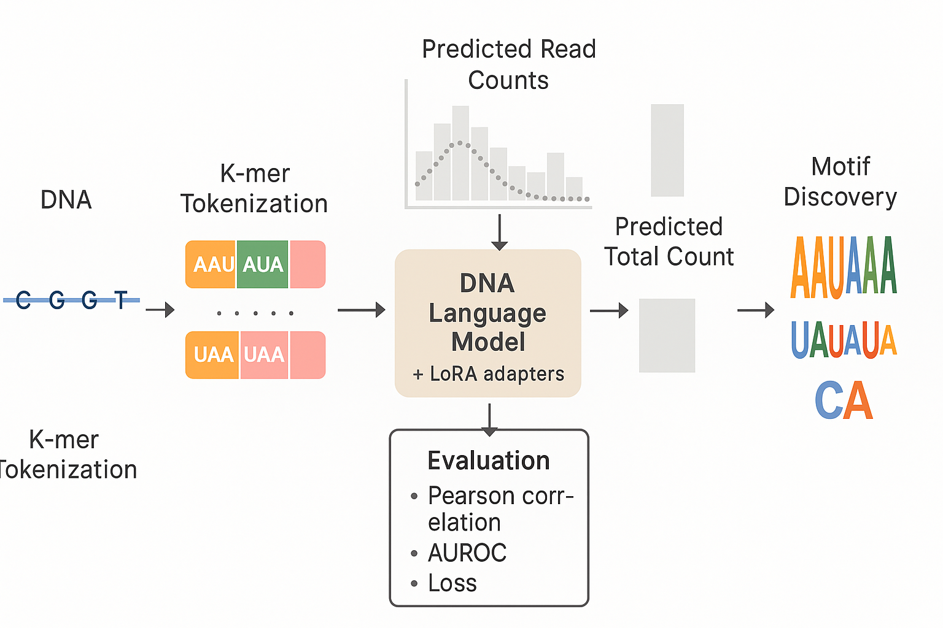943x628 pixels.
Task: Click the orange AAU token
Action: click(211, 264)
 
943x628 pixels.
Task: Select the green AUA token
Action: click(263, 264)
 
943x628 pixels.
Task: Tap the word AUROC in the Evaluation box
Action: click(467, 553)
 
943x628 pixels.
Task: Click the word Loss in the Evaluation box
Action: click(452, 583)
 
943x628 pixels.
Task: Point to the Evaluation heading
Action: click(489, 461)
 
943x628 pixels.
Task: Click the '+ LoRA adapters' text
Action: click(489, 373)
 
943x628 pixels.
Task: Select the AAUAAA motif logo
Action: click(844, 268)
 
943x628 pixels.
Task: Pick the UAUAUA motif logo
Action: click(844, 340)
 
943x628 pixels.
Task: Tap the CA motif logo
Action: click(844, 400)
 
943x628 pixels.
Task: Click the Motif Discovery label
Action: click(840, 182)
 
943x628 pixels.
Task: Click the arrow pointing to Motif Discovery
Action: click(756, 310)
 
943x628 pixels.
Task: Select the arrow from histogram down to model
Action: click(500, 232)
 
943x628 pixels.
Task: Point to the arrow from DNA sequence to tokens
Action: click(160, 310)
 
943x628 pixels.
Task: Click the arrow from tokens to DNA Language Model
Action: click(361, 310)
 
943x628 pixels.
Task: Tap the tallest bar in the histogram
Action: click(460, 153)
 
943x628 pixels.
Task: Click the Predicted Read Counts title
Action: click(508, 64)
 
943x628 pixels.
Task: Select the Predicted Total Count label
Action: click(669, 242)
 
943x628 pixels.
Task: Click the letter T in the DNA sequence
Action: click(122, 300)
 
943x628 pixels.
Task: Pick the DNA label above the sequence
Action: click(66, 200)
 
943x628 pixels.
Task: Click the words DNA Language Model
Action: click(488, 312)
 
